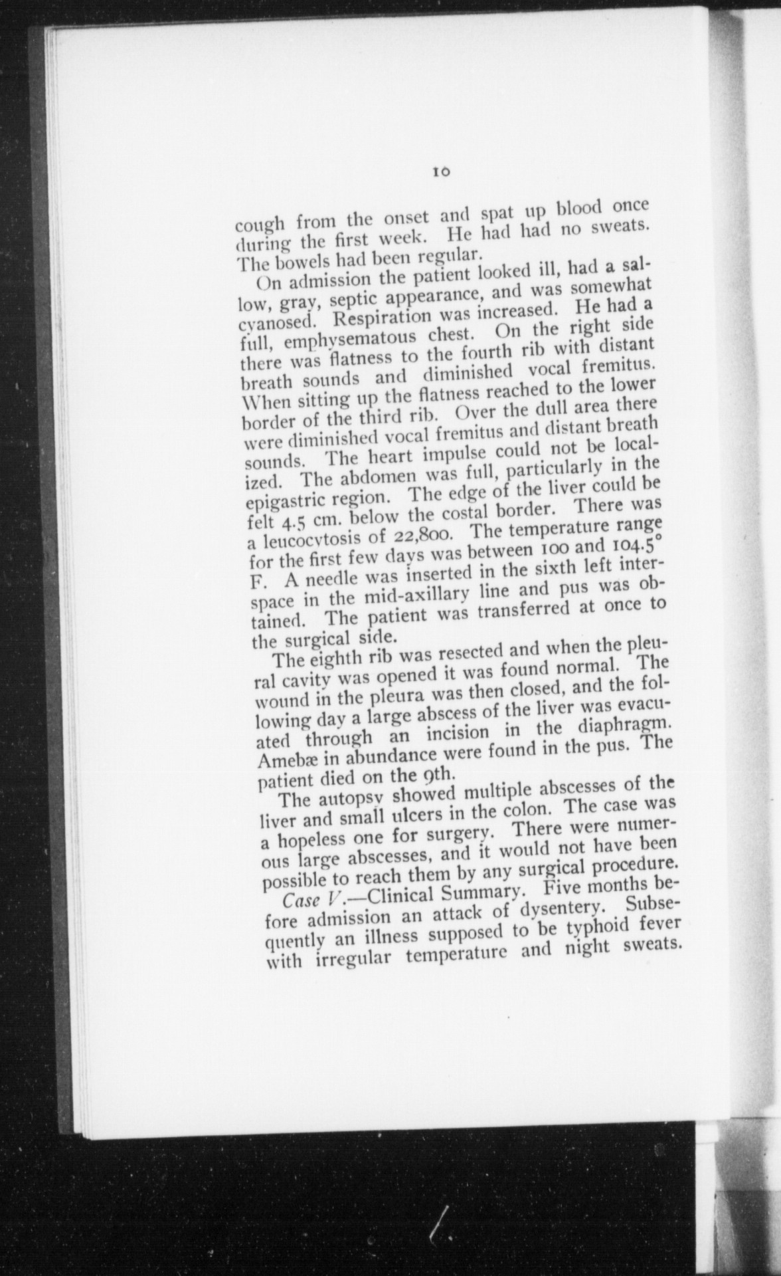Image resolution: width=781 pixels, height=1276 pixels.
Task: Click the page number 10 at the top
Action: (x=441, y=171)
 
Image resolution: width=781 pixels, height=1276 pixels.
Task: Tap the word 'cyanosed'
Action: (x=268, y=322)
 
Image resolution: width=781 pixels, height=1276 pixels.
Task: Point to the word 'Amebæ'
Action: (x=279, y=762)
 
